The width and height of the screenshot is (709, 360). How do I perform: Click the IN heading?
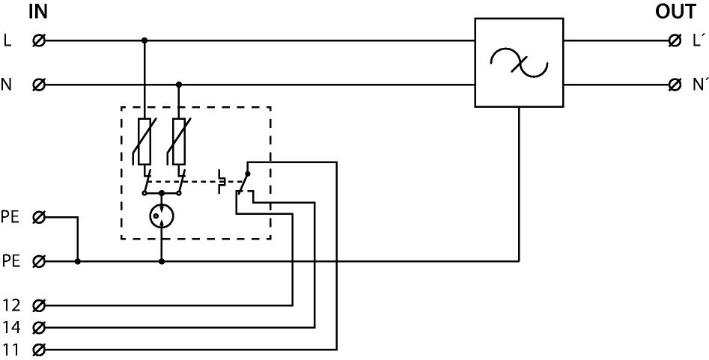point(37,11)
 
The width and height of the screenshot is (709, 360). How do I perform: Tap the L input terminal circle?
point(39,40)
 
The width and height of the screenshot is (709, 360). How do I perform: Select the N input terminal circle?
point(39,85)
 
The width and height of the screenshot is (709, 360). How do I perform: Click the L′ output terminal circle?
point(675,40)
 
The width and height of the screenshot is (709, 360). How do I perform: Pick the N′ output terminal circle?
point(675,85)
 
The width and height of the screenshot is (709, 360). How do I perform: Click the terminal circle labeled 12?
point(39,305)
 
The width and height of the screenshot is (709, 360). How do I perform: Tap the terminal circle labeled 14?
point(39,327)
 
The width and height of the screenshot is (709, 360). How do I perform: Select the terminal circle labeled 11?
point(39,350)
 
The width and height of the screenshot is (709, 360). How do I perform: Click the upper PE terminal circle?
point(39,218)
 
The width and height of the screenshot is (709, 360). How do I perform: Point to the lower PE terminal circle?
point(39,262)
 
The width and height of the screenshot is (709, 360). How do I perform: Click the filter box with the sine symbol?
point(518,63)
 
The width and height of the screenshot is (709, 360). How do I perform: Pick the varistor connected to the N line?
point(179,141)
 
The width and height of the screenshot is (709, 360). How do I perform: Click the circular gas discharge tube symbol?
point(161,217)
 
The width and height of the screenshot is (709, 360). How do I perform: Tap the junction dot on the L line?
point(144,40)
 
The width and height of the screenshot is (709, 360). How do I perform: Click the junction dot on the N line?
point(179,85)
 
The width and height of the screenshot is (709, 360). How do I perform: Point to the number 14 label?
point(10,327)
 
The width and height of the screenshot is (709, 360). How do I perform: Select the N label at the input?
point(7,85)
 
